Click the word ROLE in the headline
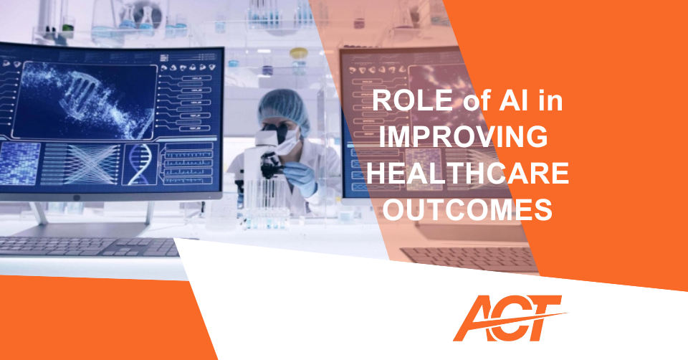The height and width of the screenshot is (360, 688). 413,100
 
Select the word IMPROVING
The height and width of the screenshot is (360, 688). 464,136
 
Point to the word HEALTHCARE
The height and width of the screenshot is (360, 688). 468,173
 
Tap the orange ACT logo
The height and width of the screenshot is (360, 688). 509,318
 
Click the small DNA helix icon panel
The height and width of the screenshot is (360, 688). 140,164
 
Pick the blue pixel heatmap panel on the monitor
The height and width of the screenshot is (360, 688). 20,164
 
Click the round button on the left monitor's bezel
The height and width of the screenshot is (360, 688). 77,197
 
